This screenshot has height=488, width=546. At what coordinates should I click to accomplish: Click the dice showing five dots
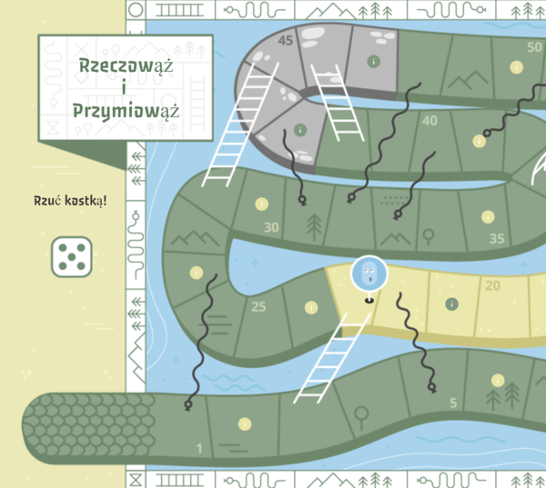click(71, 256)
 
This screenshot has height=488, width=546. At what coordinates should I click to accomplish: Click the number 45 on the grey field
click(286, 41)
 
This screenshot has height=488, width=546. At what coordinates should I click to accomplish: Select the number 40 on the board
click(430, 121)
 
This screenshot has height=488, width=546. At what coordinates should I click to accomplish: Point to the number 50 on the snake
click(534, 47)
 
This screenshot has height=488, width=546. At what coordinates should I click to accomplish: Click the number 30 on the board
click(271, 227)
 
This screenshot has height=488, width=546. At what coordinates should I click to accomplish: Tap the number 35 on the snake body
click(496, 239)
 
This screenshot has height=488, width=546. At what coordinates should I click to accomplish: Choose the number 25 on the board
click(258, 306)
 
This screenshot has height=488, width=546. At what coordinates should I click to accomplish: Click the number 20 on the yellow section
click(492, 285)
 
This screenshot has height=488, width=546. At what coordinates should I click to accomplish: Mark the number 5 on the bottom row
click(453, 403)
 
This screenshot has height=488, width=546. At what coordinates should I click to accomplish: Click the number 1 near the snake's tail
click(199, 448)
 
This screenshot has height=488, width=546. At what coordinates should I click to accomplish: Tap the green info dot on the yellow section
click(451, 304)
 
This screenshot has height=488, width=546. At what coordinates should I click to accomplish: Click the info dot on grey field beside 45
click(373, 61)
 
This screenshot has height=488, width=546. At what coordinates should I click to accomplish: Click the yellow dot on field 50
click(516, 66)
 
